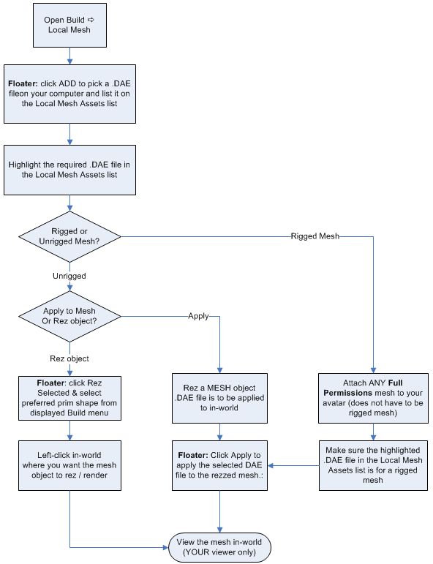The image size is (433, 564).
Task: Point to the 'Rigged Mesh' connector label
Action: (x=314, y=236)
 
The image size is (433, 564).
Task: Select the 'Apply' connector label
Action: (x=199, y=317)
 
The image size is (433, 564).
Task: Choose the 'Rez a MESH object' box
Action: (x=219, y=399)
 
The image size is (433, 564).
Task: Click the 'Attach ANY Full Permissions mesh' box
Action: (x=373, y=399)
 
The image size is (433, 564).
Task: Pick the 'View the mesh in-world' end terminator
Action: (x=219, y=546)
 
